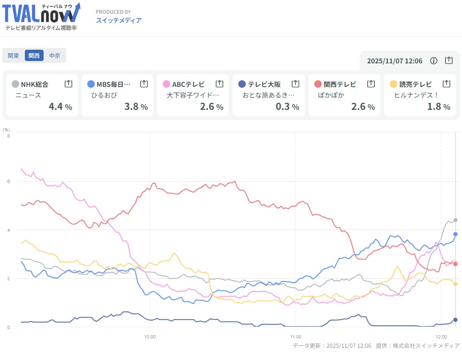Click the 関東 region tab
point(14,55)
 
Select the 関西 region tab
point(34,55)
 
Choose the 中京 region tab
point(55,55)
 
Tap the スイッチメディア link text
point(119,20)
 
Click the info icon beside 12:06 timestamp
point(434,61)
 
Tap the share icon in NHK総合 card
point(68,84)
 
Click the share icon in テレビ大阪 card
point(295,84)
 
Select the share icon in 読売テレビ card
point(446,84)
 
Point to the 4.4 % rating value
point(61,107)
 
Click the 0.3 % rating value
point(288,107)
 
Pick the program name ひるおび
point(104,95)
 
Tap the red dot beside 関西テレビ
point(318,84)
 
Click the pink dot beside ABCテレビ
point(167,84)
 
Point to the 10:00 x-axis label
point(150,336)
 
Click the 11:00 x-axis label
point(295,336)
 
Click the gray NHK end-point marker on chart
point(455,220)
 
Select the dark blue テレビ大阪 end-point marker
point(455,320)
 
